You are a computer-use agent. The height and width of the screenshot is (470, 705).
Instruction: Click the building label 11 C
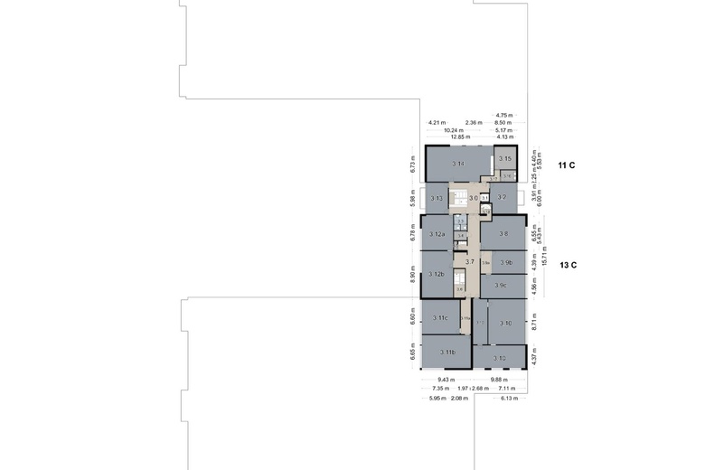[x=567, y=165]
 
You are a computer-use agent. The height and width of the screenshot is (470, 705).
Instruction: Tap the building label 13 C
[x=568, y=265]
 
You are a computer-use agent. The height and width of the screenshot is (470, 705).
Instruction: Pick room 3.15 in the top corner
[x=505, y=158]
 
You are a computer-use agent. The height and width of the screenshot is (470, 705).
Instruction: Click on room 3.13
[x=437, y=198]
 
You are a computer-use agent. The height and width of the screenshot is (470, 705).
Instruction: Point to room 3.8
[x=503, y=234]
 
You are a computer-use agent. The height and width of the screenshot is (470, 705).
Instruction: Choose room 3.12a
[x=437, y=235]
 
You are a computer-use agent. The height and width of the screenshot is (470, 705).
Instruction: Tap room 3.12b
[x=437, y=274]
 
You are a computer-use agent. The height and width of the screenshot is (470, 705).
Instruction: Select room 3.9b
[x=506, y=263]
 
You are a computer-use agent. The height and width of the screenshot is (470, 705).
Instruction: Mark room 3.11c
[x=441, y=318]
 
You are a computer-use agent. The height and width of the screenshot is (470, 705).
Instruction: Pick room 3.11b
[x=446, y=352]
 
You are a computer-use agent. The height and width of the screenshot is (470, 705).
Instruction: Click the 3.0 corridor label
[x=473, y=198]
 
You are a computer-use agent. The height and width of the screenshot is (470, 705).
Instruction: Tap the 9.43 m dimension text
[x=445, y=380]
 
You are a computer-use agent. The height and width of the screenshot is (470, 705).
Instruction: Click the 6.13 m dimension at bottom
[x=509, y=398]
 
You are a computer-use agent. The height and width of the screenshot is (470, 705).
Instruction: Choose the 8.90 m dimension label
[x=412, y=274]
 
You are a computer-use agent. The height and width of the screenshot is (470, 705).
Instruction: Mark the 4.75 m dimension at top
[x=503, y=115]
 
